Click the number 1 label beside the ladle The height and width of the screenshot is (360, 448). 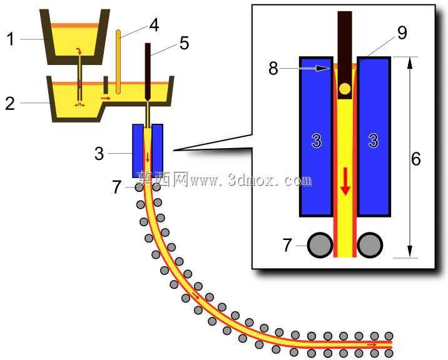point(11,39)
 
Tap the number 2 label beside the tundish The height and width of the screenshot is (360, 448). point(10,103)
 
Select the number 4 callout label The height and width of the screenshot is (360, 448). point(154,25)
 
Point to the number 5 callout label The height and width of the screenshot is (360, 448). point(185,43)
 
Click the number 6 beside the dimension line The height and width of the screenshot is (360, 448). point(416,159)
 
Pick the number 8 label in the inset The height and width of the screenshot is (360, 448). point(273,69)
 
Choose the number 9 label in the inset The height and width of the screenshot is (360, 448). point(402,33)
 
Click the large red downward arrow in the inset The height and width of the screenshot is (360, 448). point(346,182)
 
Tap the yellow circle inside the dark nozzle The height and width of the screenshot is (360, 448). point(345,89)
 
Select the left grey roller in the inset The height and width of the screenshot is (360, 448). point(320,245)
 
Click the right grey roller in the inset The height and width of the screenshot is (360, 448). point(370,245)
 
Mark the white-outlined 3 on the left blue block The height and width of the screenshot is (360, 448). point(316,141)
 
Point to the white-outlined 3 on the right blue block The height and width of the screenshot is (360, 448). point(373,141)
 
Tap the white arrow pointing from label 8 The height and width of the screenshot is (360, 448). point(303,68)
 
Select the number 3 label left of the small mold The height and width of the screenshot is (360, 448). point(99,154)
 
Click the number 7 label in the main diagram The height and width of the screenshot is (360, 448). point(117,187)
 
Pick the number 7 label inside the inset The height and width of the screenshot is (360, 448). point(287,245)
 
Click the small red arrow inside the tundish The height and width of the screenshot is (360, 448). point(105,98)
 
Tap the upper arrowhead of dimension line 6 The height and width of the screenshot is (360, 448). point(410,62)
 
